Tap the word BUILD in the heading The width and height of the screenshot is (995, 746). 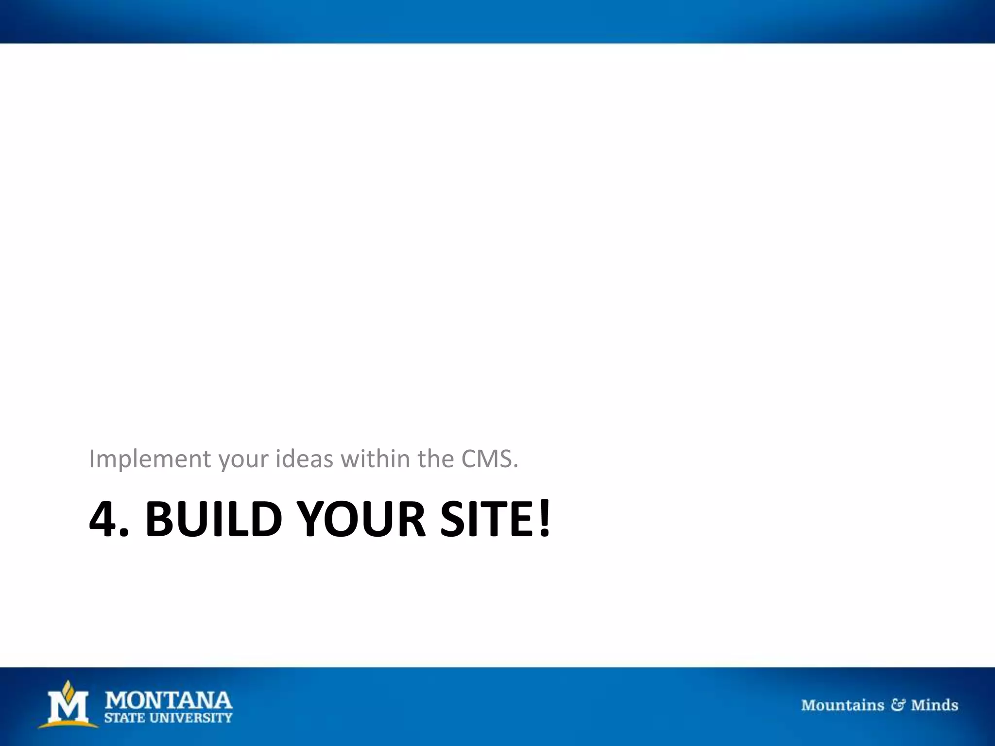(214, 519)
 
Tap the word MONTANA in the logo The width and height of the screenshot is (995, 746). (169, 700)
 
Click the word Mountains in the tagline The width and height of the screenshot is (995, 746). (842, 705)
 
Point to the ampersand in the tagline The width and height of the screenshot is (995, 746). (897, 705)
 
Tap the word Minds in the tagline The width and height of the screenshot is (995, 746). (934, 705)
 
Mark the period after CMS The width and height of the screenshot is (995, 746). (516, 467)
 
